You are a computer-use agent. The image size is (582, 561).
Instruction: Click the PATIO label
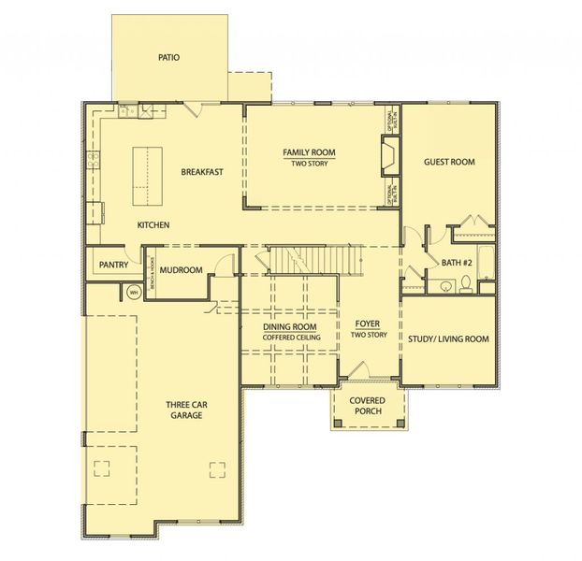coord(168,57)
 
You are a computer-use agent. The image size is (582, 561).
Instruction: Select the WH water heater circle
coord(133,293)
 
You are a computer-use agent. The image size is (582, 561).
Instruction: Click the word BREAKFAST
coord(201,172)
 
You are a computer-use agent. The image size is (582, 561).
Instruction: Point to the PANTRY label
coord(113,266)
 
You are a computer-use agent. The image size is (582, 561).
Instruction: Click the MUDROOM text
coord(181,270)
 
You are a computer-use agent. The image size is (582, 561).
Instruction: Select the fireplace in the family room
coord(388,158)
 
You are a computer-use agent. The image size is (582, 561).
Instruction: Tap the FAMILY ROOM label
coord(309,152)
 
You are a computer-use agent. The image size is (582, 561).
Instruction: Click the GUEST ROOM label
coord(449,162)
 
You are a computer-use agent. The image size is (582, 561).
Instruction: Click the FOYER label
coord(366,324)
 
